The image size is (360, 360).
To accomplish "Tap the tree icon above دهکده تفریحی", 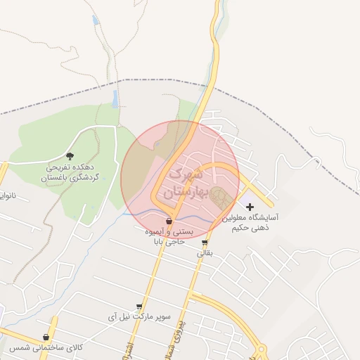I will coord(70,155).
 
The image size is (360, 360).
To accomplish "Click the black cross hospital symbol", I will coord(250,207).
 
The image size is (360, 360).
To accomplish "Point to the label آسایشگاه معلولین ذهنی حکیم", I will coord(251,223).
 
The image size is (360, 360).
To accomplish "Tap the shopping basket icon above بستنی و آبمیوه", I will coord(169,221).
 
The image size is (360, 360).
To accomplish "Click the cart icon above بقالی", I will coord(205,243).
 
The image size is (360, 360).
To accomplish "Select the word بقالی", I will coord(202,252).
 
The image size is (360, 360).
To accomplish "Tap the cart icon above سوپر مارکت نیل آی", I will coord(139,307).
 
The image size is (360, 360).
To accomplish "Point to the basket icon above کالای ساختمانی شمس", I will coord(46,338).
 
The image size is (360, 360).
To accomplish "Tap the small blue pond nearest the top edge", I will coord(96,20).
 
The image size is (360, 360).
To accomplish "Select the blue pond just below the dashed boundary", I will coord(115,98).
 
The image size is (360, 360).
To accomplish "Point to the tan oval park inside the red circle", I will coord(220,196).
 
